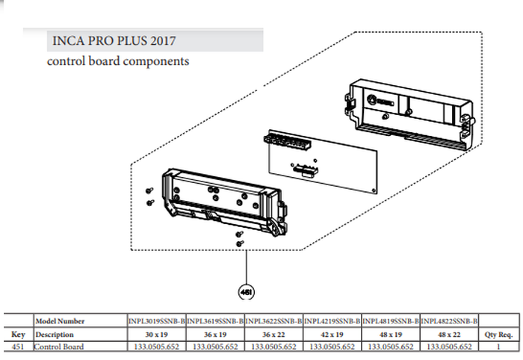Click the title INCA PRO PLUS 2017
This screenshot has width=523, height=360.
pos(114,40)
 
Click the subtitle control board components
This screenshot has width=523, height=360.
pos(117,61)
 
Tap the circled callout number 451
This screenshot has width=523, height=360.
pos(244,290)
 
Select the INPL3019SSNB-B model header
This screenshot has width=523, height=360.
pos(157,321)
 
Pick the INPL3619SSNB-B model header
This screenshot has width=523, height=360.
pos(215,321)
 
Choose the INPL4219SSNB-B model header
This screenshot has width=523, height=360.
pos(332,321)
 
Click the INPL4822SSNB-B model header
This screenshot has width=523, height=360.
pos(449,321)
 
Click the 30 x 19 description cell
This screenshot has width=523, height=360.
pos(157,334)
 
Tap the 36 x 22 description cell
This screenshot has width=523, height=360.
pos(273,334)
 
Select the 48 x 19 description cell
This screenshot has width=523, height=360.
pos(390,334)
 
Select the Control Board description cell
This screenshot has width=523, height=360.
pos(59,347)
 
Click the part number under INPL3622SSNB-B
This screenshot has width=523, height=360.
pos(273,347)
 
